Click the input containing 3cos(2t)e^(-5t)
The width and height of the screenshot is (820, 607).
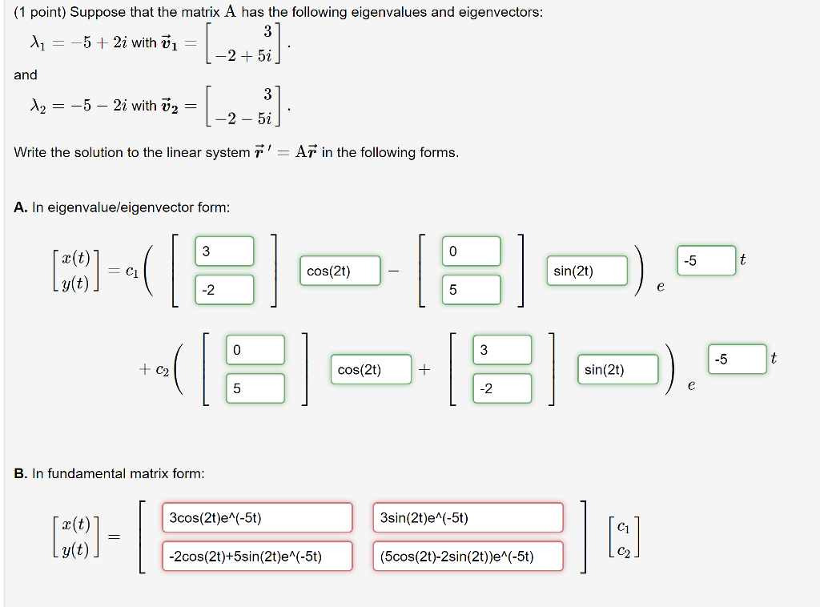tap(257, 517)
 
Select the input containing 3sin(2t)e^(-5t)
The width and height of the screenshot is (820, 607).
tap(468, 517)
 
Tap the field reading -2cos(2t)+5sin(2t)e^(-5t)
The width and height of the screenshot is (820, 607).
tap(257, 556)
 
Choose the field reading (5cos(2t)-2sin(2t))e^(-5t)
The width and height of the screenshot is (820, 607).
tap(468, 556)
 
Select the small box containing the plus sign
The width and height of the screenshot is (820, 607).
tap(424, 369)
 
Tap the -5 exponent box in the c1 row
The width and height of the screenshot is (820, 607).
tap(705, 261)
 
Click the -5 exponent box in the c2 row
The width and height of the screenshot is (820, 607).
tap(736, 360)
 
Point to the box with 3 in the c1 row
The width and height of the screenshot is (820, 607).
tap(224, 251)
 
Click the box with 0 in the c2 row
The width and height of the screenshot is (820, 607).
tap(255, 349)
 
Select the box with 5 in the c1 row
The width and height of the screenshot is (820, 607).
tap(471, 290)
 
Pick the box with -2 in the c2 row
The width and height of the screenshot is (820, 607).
tap(502, 388)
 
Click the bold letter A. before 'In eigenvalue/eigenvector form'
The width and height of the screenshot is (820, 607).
tap(21, 207)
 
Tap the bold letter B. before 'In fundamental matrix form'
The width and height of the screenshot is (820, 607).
tap(21, 473)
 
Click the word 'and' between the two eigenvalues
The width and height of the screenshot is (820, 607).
tap(26, 74)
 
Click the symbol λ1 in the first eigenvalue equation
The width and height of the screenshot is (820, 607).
tap(36, 43)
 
